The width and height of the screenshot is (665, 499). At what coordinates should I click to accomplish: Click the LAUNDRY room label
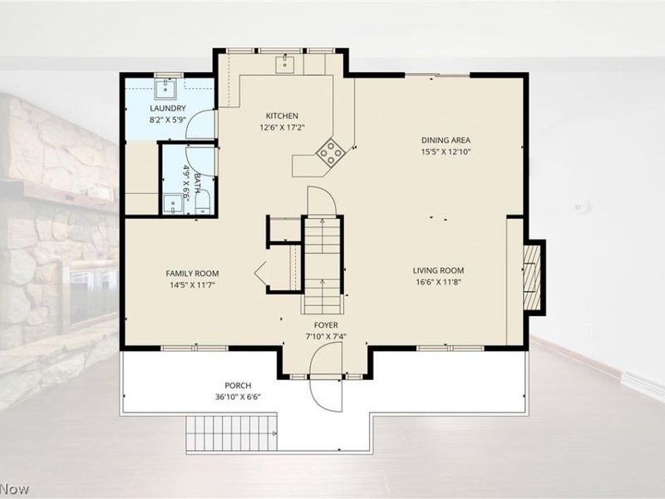[x=168, y=108]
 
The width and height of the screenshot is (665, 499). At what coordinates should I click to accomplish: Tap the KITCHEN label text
[x=282, y=116]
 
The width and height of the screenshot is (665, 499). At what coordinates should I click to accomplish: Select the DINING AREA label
[x=446, y=140]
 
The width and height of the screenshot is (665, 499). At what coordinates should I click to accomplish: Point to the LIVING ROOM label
[x=439, y=270]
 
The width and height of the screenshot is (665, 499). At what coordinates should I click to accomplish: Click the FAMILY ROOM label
[x=192, y=274]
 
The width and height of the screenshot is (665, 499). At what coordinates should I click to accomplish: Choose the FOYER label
[x=326, y=325]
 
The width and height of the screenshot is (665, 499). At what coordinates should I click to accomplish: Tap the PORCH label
[x=238, y=385]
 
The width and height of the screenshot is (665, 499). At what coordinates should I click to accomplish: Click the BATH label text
[x=197, y=183]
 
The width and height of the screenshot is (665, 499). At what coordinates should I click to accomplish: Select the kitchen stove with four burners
[x=331, y=152]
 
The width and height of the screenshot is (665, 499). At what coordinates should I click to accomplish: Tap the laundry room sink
[x=165, y=89]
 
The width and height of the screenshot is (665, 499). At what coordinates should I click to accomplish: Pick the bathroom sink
[x=173, y=205]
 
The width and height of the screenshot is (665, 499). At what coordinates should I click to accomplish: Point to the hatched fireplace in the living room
[x=532, y=278]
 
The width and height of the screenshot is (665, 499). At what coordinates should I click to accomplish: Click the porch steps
[x=232, y=433]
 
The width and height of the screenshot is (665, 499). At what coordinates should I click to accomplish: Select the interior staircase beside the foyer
[x=323, y=265]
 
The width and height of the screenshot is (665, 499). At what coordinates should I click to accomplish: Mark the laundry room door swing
[x=201, y=124]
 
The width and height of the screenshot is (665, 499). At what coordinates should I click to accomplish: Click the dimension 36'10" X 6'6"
[x=238, y=398]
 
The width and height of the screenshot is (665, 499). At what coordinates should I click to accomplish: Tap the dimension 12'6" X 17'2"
[x=283, y=127]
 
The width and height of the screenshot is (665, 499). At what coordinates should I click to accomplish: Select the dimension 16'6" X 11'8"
[x=439, y=282]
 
